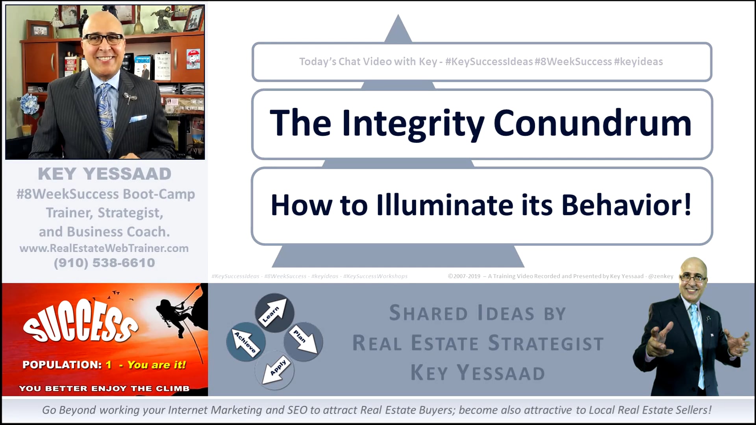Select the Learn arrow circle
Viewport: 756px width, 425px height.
(x=274, y=313)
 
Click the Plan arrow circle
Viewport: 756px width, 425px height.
(x=304, y=341)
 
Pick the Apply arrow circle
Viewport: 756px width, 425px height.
(x=275, y=370)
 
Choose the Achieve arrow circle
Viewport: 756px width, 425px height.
(x=246, y=342)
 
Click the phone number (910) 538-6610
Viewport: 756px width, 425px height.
(x=104, y=263)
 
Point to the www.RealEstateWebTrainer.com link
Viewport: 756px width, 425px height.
(x=104, y=248)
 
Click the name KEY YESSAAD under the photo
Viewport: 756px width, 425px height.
(x=105, y=174)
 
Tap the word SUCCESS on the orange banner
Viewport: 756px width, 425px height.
(x=81, y=321)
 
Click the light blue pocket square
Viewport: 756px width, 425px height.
(x=138, y=118)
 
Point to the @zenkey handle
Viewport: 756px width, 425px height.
(x=661, y=276)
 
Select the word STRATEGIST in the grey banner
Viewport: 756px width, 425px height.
(x=546, y=343)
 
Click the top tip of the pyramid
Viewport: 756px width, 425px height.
(x=398, y=15)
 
